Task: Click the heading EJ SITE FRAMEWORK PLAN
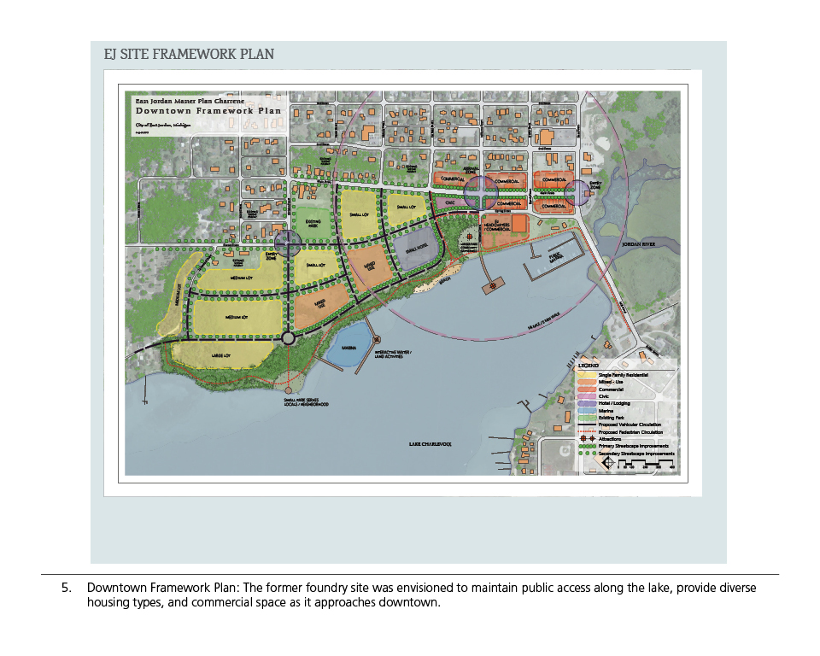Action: click(189, 54)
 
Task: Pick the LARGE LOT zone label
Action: click(224, 354)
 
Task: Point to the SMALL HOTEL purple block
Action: click(417, 249)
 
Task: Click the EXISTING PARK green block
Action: click(313, 224)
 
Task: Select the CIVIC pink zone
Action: click(450, 202)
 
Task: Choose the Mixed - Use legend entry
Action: click(611, 383)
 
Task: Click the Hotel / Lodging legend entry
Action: click(613, 403)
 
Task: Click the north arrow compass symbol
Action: click(607, 462)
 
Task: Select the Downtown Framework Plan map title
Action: click(208, 110)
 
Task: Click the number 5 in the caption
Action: click(65, 589)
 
